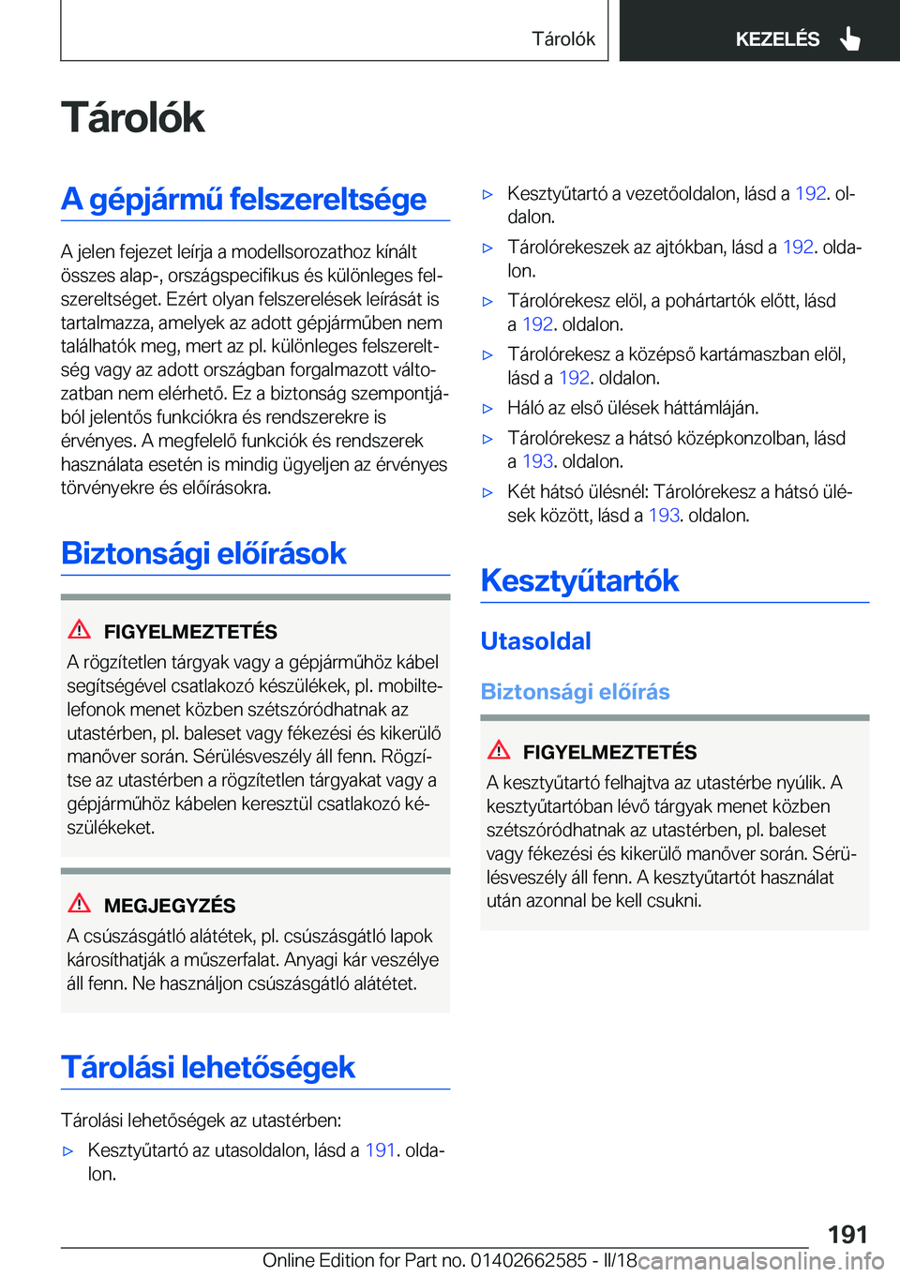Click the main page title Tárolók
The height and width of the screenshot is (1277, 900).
click(x=133, y=118)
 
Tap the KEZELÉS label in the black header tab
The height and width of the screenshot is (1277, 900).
click(x=777, y=39)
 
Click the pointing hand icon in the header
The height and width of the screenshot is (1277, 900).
click(x=850, y=38)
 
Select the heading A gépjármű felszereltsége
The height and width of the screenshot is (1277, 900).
click(x=244, y=199)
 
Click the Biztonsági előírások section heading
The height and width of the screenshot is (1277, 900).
click(x=203, y=553)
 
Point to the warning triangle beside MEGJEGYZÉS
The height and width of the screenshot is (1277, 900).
click(x=80, y=903)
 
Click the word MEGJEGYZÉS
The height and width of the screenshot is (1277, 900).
click(x=170, y=906)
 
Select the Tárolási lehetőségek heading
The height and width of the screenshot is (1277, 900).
click(x=208, y=1067)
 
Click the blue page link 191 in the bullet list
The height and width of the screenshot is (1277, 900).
click(x=380, y=1150)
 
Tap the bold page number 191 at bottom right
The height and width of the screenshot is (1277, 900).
click(x=847, y=1234)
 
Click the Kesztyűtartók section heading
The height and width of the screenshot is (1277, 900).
click(x=579, y=580)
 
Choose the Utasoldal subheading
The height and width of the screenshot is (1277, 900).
click(x=535, y=641)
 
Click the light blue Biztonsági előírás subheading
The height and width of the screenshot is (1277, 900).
click(x=575, y=692)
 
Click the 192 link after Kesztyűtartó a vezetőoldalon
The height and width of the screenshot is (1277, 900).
click(x=810, y=194)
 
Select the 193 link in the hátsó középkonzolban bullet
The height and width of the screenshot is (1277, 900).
click(x=537, y=461)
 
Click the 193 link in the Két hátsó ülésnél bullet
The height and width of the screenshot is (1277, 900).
click(x=664, y=516)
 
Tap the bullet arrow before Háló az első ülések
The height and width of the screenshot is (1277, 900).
click(x=487, y=409)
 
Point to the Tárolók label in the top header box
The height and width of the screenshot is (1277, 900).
click(x=563, y=39)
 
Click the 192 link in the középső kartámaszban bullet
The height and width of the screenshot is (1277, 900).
click(x=574, y=378)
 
